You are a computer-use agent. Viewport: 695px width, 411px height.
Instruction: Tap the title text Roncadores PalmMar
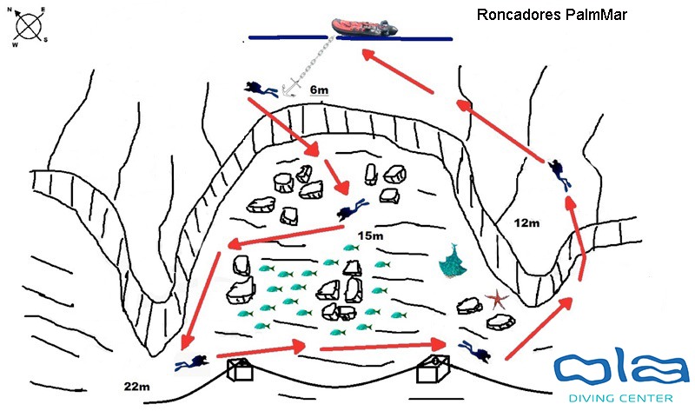[x=552, y=15]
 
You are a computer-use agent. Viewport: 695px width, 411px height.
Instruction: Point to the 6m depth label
[x=319, y=89]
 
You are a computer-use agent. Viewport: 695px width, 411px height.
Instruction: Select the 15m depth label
[x=371, y=235]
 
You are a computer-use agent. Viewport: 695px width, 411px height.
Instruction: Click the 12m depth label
[x=526, y=223]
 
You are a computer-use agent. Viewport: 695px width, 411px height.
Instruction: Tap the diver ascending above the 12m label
[x=560, y=173]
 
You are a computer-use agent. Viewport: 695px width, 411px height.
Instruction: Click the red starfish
[x=498, y=300]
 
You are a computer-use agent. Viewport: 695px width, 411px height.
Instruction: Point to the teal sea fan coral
[x=451, y=262]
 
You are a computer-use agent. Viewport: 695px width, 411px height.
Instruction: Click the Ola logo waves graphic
[x=620, y=370]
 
